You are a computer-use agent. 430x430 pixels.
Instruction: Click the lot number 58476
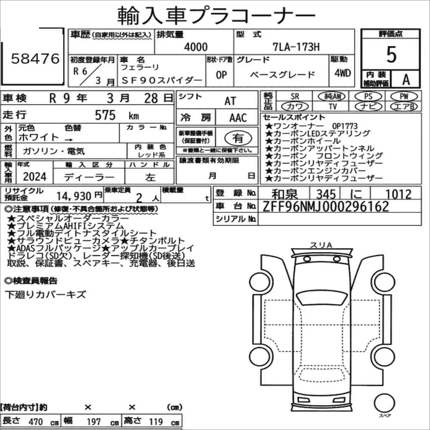pos(35,58)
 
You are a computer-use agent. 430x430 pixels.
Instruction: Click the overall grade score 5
pos(391,55)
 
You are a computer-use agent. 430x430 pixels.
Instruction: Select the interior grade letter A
pos(406,79)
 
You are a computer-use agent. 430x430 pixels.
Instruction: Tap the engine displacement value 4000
pos(196,47)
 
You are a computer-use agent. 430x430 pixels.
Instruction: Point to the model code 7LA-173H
pos(296,47)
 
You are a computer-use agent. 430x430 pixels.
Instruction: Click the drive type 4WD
pos(342,73)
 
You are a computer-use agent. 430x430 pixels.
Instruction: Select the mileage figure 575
pos(105,115)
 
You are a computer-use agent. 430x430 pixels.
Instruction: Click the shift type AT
pos(230,101)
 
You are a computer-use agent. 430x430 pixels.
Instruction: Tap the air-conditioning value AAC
pos(238,118)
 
